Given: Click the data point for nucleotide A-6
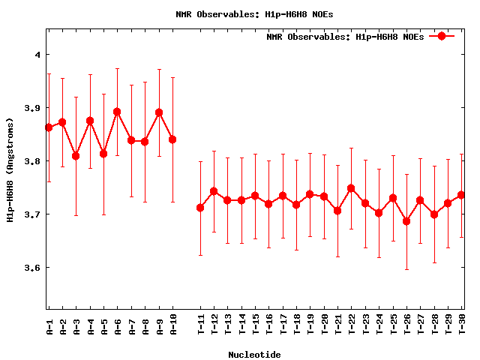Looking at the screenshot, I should click(x=117, y=112).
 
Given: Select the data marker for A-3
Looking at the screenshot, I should click(x=76, y=156).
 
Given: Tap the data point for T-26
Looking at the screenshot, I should click(x=406, y=221).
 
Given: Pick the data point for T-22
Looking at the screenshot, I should click(x=351, y=188).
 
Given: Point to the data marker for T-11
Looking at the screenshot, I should click(x=200, y=208).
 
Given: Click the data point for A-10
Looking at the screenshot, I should click(x=172, y=139).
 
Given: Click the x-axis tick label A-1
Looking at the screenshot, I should click(x=49, y=323).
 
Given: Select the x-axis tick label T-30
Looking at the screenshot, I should click(x=462, y=323).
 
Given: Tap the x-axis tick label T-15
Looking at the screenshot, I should click(x=256, y=323).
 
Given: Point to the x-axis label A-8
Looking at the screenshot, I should click(x=145, y=323).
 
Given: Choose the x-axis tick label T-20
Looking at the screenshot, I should click(x=324, y=323).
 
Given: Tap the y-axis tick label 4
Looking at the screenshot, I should click(x=37, y=55).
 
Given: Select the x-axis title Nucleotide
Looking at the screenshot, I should click(x=255, y=354).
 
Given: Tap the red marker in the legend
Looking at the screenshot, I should click(x=442, y=36).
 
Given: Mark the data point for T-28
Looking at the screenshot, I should click(x=434, y=214).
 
